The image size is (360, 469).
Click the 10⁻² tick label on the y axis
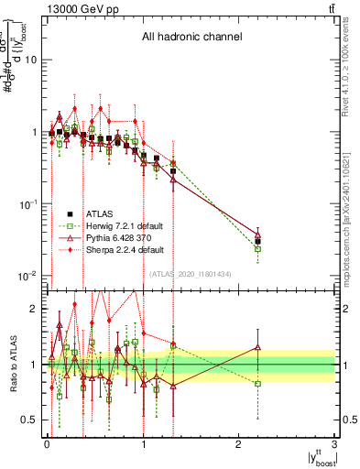(x=27, y=276)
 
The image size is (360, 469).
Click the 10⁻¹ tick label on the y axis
(x=27, y=203)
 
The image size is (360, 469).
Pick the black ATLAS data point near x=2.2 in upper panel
(x=257, y=242)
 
